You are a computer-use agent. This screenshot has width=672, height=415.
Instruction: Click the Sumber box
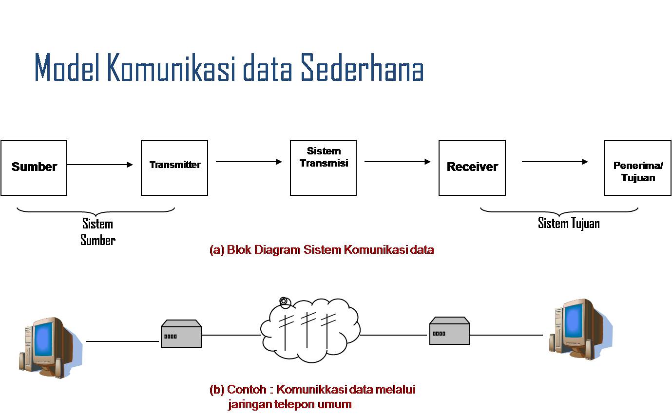click(34, 168)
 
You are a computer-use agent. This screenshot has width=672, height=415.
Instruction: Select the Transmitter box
click(174, 168)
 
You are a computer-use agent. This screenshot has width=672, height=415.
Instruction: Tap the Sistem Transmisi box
click(323, 168)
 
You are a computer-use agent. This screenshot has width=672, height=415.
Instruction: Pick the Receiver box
click(472, 168)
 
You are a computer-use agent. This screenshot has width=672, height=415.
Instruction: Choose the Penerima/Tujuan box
click(637, 168)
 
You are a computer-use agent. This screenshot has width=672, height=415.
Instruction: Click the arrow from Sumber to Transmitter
click(100, 165)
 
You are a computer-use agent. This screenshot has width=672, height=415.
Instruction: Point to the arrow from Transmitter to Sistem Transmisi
click(249, 162)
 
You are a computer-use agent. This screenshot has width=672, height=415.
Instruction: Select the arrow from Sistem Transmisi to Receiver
click(397, 162)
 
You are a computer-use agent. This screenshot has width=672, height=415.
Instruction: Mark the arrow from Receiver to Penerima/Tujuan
click(555, 162)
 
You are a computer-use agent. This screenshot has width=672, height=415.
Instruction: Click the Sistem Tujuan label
click(569, 224)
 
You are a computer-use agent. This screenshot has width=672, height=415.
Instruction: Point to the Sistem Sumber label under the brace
click(98, 232)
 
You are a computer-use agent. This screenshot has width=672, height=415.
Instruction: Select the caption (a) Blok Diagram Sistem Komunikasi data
click(322, 250)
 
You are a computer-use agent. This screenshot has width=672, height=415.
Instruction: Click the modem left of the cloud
click(181, 334)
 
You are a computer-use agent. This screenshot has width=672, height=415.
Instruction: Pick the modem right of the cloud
click(449, 331)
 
